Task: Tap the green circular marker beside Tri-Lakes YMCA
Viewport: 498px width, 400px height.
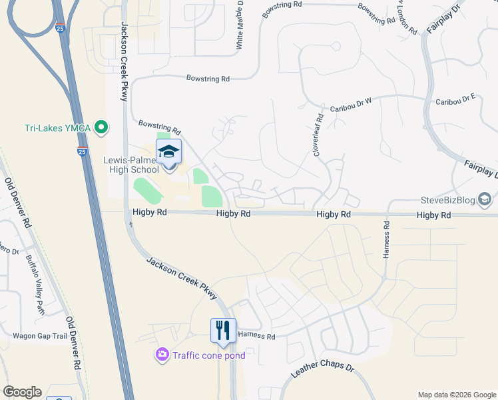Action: click(x=101, y=126)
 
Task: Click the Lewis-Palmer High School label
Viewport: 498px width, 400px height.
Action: click(x=131, y=165)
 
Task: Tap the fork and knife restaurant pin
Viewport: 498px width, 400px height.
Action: click(x=222, y=330)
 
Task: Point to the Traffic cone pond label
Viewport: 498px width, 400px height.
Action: click(x=208, y=355)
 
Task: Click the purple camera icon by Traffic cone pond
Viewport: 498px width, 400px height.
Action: click(x=162, y=355)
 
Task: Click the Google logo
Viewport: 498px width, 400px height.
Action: click(x=22, y=392)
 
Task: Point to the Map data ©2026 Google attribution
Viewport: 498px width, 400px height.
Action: click(x=457, y=395)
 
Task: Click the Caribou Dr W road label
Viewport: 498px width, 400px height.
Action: click(x=350, y=108)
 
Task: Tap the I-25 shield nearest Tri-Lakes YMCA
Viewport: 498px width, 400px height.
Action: click(x=82, y=151)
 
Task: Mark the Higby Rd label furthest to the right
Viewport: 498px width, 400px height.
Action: click(x=434, y=215)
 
